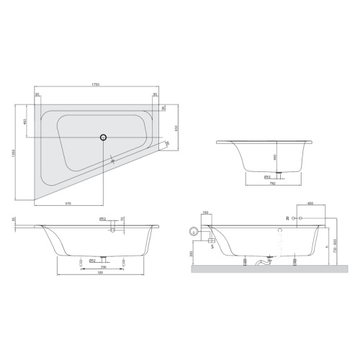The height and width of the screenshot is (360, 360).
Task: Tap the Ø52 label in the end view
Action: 266,176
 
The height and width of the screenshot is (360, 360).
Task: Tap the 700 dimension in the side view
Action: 104,267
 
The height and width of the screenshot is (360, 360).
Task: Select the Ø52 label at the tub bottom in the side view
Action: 92,260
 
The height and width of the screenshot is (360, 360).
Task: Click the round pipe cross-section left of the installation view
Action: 192,232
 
